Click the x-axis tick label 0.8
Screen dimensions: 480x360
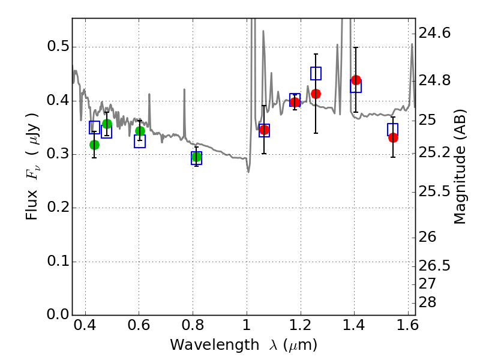pos(193,325)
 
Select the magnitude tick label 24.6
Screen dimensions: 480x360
pos(434,33)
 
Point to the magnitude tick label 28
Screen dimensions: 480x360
pos(427,302)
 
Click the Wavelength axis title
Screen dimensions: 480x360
pos(244,346)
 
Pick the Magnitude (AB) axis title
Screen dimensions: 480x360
pos(460,167)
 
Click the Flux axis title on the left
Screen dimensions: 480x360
pos(32,166)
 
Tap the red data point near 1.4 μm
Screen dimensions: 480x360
pos(356,80)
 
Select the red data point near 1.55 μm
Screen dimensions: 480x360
pos(394,138)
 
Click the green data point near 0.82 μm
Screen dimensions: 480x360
pos(197,157)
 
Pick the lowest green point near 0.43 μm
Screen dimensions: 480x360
pos(94,145)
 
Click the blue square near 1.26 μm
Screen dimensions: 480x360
pos(316,73)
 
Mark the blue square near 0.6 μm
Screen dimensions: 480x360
pos(140,141)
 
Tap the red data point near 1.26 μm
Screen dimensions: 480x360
pos(316,94)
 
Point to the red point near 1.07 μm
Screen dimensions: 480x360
pos(264,130)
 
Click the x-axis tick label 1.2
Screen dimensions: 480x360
pos(301,325)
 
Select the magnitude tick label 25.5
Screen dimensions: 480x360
pos(434,191)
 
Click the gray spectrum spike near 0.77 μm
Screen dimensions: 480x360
pos(184,113)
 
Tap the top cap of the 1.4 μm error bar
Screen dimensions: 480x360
pos(356,47)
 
